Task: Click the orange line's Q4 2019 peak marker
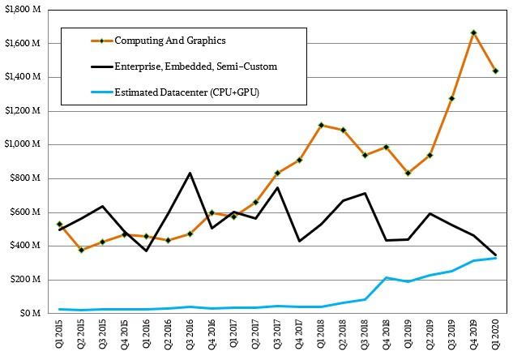[x=473, y=33]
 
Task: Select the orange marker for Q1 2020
[x=495, y=71]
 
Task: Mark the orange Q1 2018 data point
[x=320, y=125]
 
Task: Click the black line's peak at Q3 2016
[x=190, y=173]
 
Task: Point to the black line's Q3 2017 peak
[x=277, y=187]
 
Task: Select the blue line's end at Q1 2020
[x=495, y=258]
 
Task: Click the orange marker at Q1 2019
[x=408, y=173]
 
